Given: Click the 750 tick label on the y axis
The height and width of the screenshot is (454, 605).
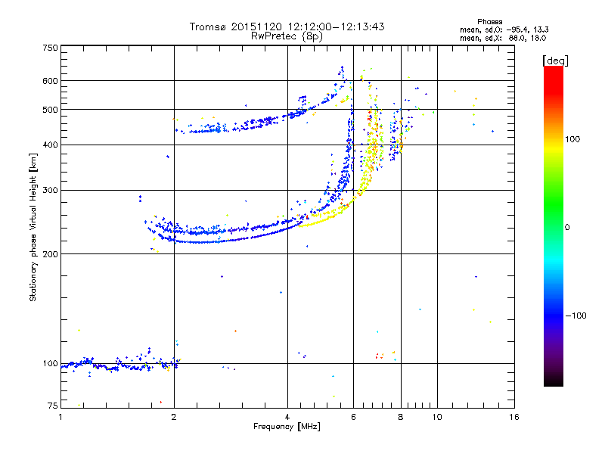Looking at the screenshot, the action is click(x=50, y=48).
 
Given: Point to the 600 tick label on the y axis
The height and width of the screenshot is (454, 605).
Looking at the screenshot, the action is click(x=50, y=81).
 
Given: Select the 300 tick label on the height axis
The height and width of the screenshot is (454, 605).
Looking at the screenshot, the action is click(x=50, y=191).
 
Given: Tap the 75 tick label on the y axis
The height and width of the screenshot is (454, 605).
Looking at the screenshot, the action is click(x=52, y=406).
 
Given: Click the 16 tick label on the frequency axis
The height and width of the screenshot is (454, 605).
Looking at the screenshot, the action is click(x=514, y=417).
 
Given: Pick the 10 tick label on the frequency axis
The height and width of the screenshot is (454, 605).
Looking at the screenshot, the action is click(x=437, y=417).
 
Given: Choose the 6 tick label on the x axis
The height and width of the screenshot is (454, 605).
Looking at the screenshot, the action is click(x=353, y=417).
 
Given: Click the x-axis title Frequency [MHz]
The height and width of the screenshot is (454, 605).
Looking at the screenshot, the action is click(x=287, y=427).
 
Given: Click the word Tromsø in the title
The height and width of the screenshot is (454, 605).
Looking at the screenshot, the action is click(x=207, y=26).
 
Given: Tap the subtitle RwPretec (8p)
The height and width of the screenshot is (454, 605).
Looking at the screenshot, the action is click(x=287, y=36).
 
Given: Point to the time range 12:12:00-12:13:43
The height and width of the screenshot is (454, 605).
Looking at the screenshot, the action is click(x=336, y=26).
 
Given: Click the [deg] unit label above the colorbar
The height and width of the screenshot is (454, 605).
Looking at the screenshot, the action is click(x=555, y=61).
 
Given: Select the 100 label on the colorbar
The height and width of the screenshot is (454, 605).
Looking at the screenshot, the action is click(x=572, y=139).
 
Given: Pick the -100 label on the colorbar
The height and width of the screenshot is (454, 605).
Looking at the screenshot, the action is click(x=576, y=316).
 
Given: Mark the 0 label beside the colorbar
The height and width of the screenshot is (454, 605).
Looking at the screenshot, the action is click(x=567, y=228).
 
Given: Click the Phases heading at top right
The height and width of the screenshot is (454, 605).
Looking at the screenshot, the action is click(x=489, y=22).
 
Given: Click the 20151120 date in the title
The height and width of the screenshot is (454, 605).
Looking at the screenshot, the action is click(x=256, y=26).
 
